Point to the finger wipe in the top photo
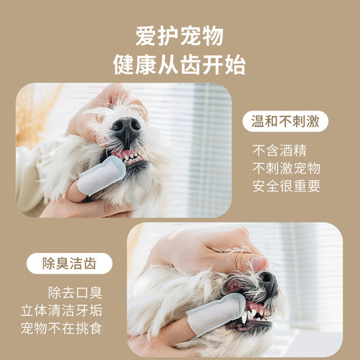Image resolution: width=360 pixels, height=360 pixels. [102, 175]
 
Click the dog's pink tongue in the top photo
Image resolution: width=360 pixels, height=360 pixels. [128, 153]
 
